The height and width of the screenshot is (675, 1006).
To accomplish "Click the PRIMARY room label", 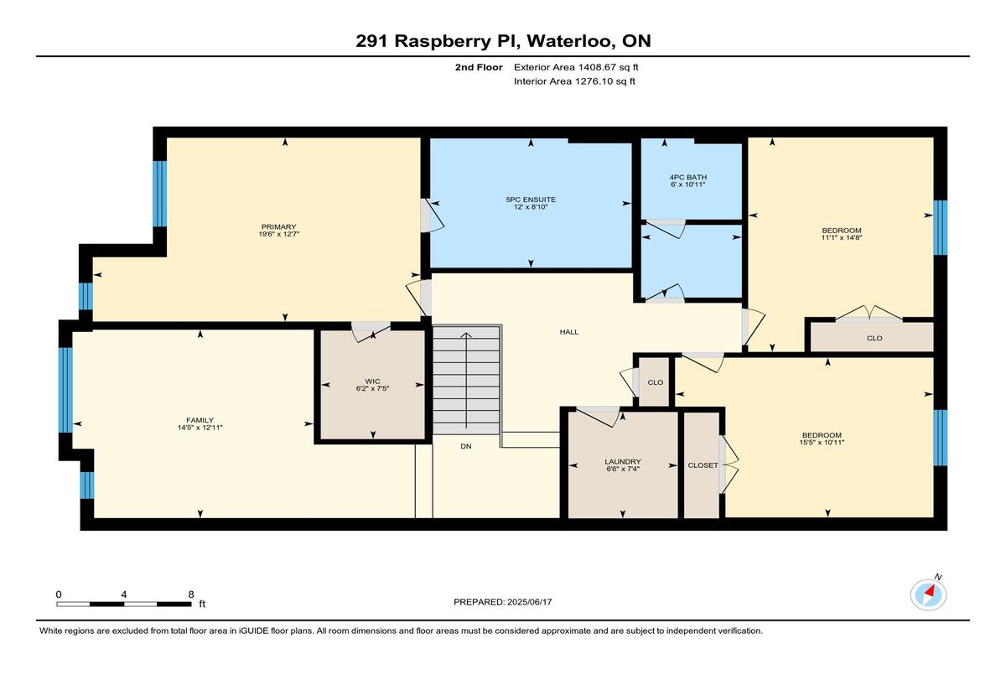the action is [x=278, y=226].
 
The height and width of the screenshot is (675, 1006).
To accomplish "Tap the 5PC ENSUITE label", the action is [x=531, y=200].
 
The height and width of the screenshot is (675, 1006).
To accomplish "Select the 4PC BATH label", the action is [x=688, y=178].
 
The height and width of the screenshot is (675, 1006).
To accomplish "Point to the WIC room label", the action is [x=372, y=382].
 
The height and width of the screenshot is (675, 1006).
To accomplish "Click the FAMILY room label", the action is [x=200, y=420].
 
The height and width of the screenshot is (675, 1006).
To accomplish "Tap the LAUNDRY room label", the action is [x=622, y=462].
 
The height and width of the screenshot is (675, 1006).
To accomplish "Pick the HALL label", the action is [x=569, y=332].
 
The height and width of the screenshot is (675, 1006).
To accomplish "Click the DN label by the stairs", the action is [x=466, y=446].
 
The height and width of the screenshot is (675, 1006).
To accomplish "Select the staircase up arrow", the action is [x=466, y=381].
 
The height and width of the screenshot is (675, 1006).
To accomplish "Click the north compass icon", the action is [x=928, y=595].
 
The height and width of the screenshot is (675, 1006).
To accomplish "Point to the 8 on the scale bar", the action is [x=191, y=595].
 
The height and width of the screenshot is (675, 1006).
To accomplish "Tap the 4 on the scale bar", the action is [x=124, y=595].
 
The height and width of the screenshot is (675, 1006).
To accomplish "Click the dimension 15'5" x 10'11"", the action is [x=822, y=443].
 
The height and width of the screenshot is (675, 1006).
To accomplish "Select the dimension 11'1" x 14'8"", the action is [x=841, y=237].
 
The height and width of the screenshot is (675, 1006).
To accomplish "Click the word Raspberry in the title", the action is [x=443, y=42].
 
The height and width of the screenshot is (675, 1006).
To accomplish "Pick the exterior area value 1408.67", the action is [x=597, y=67].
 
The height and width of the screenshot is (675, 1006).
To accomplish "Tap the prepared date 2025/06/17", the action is [x=529, y=602].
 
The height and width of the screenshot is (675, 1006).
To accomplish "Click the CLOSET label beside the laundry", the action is [x=703, y=465].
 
